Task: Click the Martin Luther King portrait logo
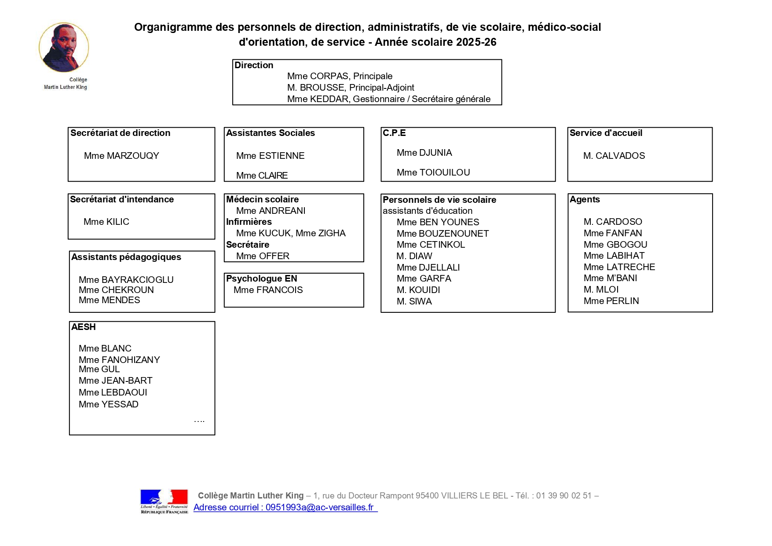point(64,48)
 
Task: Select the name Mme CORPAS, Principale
point(340,76)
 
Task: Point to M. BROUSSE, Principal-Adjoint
point(351,88)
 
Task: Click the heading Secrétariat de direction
point(120,133)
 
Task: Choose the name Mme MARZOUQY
point(121,156)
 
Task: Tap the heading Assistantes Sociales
point(271,133)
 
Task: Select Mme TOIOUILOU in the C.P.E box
point(433,172)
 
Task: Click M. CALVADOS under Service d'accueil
point(614,156)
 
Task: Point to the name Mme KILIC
point(106,222)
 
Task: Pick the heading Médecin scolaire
point(262,199)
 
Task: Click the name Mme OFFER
point(263,256)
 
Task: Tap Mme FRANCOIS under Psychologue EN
point(268,290)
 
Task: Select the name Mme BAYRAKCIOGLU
point(126,280)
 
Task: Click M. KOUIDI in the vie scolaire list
point(418,290)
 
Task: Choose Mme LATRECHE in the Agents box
point(619,267)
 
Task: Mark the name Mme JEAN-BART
point(115,381)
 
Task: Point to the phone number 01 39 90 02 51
point(563,496)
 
